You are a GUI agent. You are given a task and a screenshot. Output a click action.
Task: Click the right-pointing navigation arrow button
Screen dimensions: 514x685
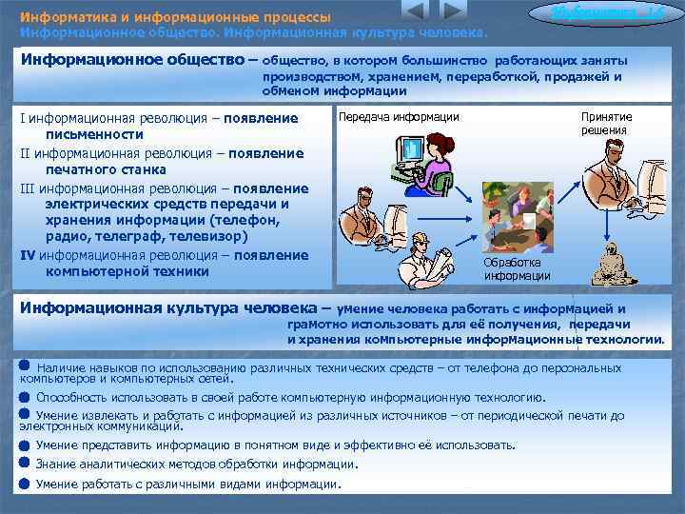(x=454, y=12)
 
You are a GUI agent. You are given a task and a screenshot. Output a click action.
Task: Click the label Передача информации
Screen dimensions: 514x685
(x=399, y=117)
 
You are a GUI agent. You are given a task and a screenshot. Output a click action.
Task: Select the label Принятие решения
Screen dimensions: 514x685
(x=606, y=124)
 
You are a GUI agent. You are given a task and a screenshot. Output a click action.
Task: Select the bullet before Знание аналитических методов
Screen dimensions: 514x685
(x=24, y=464)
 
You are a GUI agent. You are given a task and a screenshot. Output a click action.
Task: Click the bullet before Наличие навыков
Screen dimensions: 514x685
(x=24, y=366)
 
